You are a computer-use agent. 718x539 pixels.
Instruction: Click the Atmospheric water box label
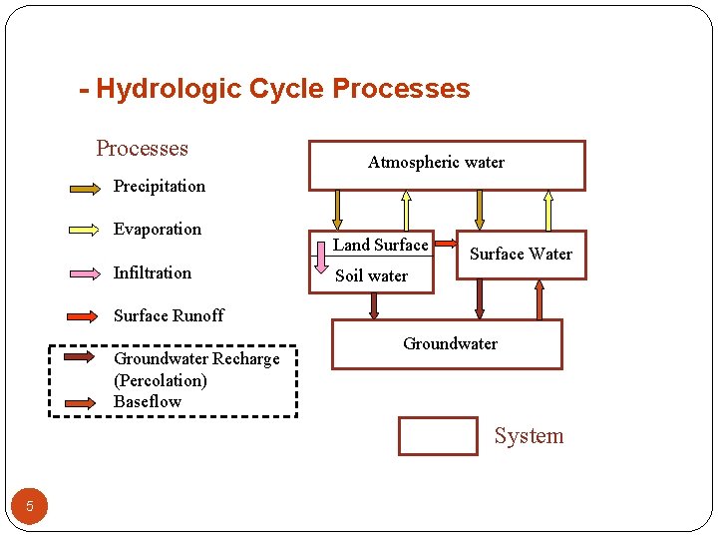click(x=436, y=163)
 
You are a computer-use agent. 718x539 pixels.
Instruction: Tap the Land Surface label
click(x=380, y=245)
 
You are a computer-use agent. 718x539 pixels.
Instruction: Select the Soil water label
click(x=371, y=275)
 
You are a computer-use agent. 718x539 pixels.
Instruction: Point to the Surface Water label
click(x=521, y=254)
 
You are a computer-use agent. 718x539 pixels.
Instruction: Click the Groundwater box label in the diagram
click(x=450, y=343)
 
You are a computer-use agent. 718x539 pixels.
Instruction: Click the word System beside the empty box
click(x=529, y=436)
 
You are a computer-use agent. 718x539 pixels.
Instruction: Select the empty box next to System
click(x=438, y=436)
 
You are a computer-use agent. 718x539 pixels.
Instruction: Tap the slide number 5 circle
click(x=30, y=506)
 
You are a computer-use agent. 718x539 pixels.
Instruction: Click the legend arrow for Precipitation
click(x=84, y=187)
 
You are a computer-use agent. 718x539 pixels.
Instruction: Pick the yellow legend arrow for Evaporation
click(x=84, y=230)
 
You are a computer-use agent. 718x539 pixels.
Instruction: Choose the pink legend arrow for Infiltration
click(x=84, y=272)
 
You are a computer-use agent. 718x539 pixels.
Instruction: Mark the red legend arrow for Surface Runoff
click(x=84, y=315)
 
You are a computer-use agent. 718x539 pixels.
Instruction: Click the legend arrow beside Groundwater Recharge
click(x=84, y=356)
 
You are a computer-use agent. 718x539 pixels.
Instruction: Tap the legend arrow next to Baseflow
click(x=84, y=401)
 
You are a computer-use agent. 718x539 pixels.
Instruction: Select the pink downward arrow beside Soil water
click(x=322, y=259)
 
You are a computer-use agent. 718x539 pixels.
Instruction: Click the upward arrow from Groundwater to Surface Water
click(x=539, y=299)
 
